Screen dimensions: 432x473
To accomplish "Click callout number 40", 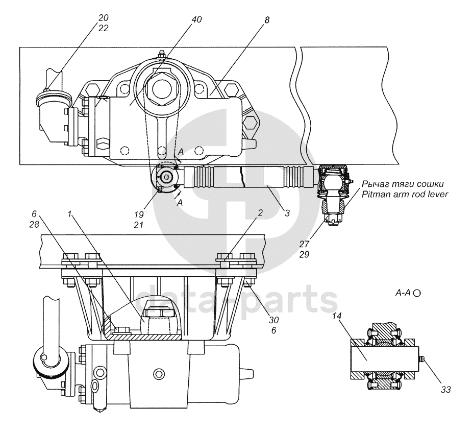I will coord(197,19).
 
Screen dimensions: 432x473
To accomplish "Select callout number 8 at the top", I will coord(267,20).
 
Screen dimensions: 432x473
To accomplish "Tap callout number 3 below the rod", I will coord(287,214).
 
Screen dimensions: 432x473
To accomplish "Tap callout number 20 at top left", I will coord(104,17).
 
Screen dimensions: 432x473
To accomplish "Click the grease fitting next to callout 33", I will coord(422,361).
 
